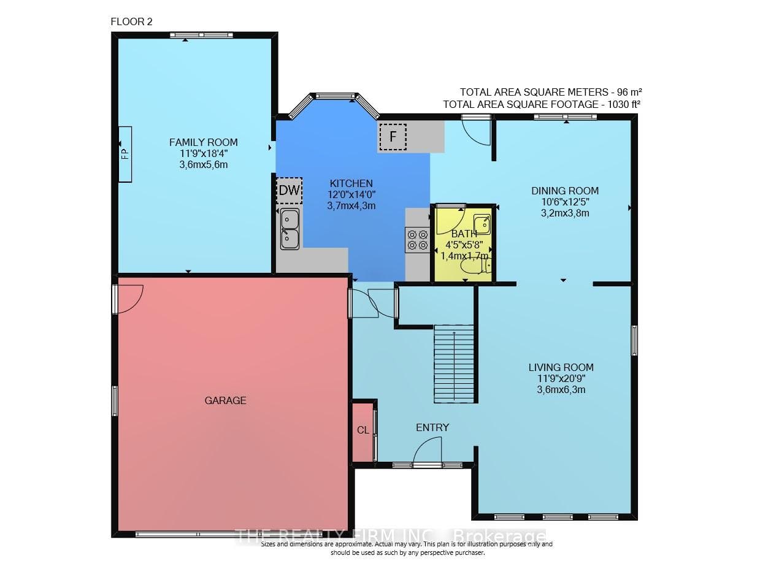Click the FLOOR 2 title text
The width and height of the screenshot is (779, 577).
click(x=131, y=22)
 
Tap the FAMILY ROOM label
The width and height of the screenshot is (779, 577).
click(x=204, y=142)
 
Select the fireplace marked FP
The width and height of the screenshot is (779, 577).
click(x=125, y=154)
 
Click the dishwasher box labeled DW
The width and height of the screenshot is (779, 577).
click(x=289, y=191)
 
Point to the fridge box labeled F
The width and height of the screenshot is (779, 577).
click(x=393, y=137)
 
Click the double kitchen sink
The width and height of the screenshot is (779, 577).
click(x=290, y=229)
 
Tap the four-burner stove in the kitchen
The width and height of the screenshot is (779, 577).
click(x=418, y=240)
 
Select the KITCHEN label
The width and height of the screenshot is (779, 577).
click(x=351, y=183)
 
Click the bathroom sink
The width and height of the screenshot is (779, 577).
click(x=482, y=224)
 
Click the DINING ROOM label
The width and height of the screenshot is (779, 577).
click(x=565, y=191)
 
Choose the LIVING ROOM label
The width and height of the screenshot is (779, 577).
click(x=561, y=367)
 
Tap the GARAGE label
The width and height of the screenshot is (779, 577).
click(x=226, y=400)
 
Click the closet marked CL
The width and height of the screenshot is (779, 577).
click(x=363, y=432)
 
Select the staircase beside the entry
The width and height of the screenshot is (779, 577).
click(x=454, y=364)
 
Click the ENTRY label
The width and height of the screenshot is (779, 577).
click(x=432, y=427)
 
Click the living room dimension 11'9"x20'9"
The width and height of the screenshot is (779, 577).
click(x=561, y=378)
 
